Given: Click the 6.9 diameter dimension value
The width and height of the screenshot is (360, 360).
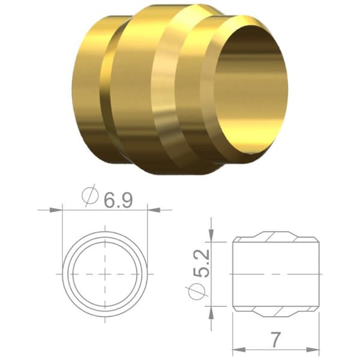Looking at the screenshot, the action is tap(118, 200).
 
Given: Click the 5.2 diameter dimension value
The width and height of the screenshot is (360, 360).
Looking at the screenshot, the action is tap(202, 263).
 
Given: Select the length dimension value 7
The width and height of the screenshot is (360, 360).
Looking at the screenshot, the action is tap(275, 340).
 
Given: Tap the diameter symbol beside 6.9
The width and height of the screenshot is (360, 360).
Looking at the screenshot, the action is tap(90, 196).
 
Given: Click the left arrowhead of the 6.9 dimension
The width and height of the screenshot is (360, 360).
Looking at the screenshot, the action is tap(56, 210).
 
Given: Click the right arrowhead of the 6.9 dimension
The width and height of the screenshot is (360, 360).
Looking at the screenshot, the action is tap(154, 210).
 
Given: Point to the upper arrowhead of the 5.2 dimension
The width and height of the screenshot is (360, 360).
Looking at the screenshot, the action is tap(211, 236).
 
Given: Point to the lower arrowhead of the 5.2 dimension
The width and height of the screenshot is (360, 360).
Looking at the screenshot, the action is tap(211, 312).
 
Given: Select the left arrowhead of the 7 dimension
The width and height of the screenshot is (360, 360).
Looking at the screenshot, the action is tap(239, 350).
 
